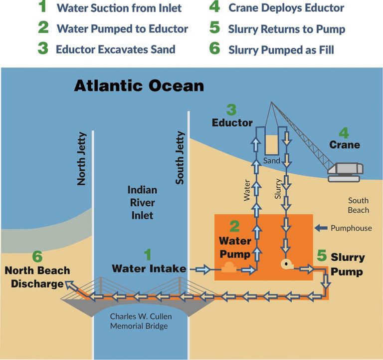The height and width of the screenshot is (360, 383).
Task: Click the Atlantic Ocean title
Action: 139,85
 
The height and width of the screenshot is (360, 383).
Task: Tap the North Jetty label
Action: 82,159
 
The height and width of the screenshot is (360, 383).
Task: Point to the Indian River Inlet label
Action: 142,203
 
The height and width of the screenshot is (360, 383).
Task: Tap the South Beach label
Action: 358,205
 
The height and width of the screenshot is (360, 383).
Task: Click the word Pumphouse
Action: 351,228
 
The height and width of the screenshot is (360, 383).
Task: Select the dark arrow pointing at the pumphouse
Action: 321,228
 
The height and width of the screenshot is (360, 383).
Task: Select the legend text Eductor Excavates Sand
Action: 115,49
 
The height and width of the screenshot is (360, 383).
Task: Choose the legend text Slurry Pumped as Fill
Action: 281,49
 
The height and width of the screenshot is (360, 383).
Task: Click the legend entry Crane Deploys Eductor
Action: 286,8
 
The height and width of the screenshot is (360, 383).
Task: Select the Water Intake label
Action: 149,269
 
